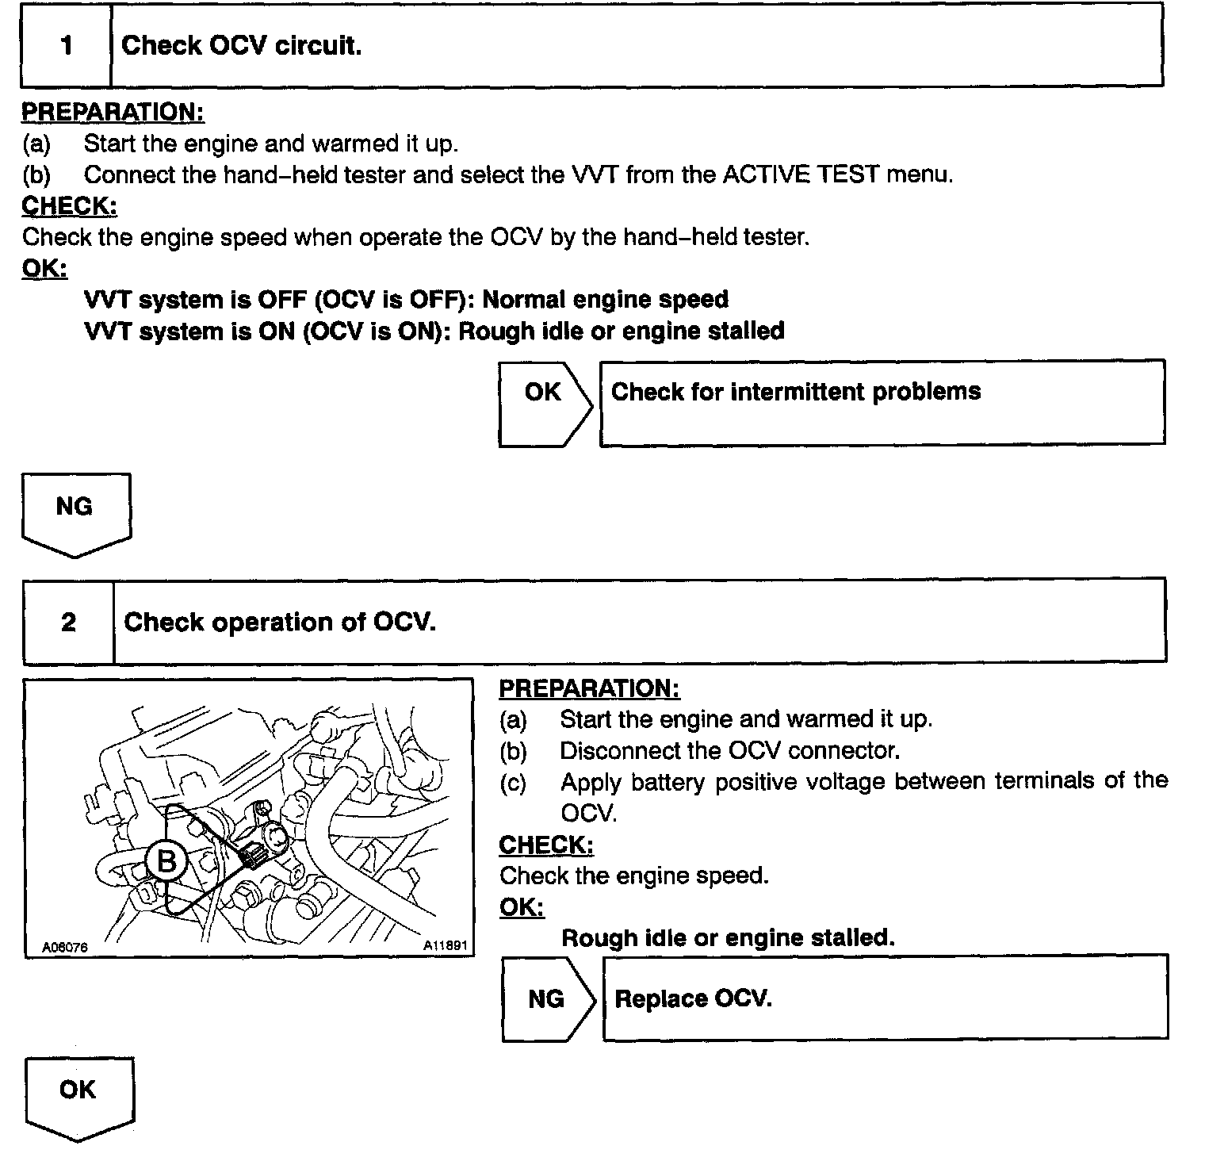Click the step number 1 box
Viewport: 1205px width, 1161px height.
coord(66,45)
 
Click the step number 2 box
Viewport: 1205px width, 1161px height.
coord(68,622)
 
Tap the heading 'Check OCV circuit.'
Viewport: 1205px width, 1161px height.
coord(242,45)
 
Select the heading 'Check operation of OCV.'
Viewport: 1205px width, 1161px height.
coord(280,622)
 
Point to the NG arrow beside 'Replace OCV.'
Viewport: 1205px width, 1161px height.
coord(546,998)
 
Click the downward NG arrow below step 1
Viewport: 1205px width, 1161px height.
coord(75,512)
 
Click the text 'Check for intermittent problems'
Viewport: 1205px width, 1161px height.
coord(796,391)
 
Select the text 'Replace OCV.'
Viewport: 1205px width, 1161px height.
coord(693,998)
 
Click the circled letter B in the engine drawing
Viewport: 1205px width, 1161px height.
coord(166,860)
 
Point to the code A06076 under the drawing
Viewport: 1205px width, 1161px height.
coord(65,947)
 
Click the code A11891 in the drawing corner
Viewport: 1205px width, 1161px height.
coord(445,945)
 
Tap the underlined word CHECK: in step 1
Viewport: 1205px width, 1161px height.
coord(70,206)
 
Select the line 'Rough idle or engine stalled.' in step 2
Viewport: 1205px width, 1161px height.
coord(728,938)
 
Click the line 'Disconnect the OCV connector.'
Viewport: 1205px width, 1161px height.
coord(729,750)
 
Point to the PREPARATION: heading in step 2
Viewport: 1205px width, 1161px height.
coord(589,688)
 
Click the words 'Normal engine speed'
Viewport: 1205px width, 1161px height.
coord(605,300)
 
